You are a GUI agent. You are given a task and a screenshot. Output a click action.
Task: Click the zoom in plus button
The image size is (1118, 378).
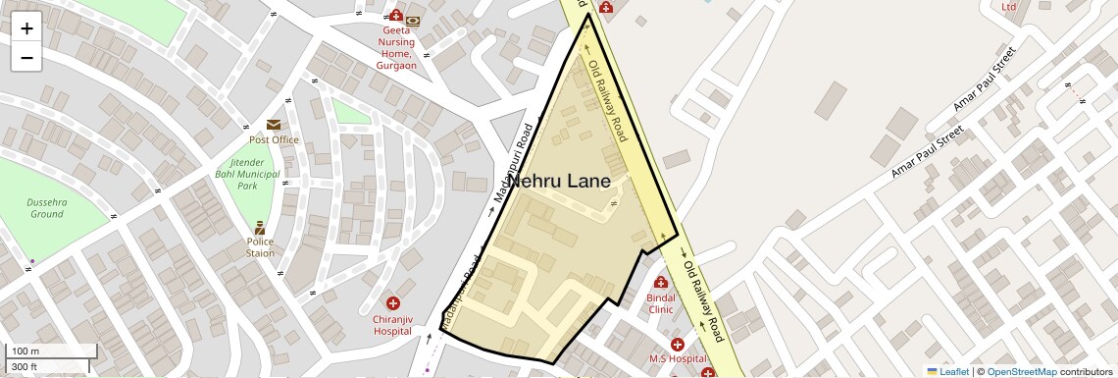pyautogui.click(x=26, y=28)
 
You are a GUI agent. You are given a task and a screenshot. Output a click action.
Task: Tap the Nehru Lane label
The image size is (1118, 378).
pyautogui.click(x=558, y=182)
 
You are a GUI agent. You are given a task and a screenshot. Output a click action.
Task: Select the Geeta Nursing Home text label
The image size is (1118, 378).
pyautogui.click(x=398, y=48)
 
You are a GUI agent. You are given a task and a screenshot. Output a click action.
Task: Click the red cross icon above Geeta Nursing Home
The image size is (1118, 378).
pyautogui.click(x=395, y=16)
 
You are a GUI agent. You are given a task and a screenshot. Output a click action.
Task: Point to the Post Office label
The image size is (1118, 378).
pyautogui.click(x=274, y=139)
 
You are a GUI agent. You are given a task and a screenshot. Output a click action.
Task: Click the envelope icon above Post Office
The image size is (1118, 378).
pyautogui.click(x=273, y=125)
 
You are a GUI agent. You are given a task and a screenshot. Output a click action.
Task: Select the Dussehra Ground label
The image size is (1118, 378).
pyautogui.click(x=46, y=207)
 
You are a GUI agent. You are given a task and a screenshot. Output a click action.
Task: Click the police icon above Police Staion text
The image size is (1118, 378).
pyautogui.click(x=260, y=227)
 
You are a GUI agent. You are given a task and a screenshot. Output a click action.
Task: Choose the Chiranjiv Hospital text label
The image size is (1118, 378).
pyautogui.click(x=392, y=325)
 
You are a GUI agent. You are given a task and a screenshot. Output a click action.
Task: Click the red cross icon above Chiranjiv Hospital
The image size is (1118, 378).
pyautogui.click(x=393, y=304)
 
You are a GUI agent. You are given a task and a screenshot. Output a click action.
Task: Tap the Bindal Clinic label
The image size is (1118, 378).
pyautogui.click(x=661, y=302)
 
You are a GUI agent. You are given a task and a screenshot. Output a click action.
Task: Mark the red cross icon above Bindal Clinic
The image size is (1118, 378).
pyautogui.click(x=661, y=282)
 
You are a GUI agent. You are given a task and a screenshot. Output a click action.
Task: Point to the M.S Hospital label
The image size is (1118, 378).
pyautogui.click(x=678, y=359)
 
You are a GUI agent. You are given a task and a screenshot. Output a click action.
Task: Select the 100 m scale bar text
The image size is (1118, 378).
pyautogui.click(x=25, y=351)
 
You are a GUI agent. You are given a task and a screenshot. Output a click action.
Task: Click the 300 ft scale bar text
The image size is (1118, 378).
pyautogui.click(x=25, y=366)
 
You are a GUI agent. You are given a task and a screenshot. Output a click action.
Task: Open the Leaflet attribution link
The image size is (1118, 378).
pyautogui.click(x=954, y=372)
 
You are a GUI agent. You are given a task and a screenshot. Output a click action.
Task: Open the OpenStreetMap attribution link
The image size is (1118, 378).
pyautogui.click(x=1021, y=372)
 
